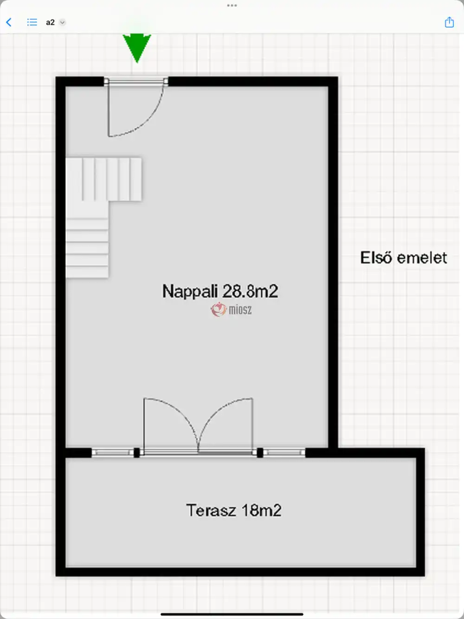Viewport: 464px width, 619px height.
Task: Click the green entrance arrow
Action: (x=137, y=48)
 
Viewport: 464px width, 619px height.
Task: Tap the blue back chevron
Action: (x=9, y=22)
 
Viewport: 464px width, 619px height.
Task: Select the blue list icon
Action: (x=32, y=22)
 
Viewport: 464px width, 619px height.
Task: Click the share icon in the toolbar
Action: (x=449, y=22)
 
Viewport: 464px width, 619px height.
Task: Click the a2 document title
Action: (x=50, y=22)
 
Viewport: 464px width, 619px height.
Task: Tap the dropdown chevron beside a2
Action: (x=62, y=22)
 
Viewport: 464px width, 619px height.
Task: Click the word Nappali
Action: (x=190, y=291)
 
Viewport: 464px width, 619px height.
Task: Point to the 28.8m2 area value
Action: (x=250, y=291)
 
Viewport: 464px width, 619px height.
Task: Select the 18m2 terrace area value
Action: (x=261, y=510)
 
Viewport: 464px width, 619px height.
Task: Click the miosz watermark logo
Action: (x=231, y=310)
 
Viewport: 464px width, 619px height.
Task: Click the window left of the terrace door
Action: (x=113, y=453)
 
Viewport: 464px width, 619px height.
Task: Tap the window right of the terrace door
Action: (x=284, y=453)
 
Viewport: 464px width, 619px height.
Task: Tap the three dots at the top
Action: (x=232, y=6)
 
